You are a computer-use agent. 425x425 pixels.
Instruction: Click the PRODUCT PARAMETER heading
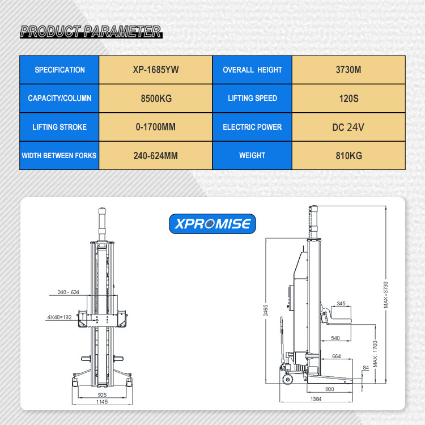point(91,31)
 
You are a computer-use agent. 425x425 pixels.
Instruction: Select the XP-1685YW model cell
point(156,70)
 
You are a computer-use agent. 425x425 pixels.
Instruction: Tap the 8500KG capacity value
point(156,99)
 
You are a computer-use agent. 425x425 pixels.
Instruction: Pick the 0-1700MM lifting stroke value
point(156,127)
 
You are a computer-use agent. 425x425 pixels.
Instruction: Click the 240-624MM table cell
point(156,156)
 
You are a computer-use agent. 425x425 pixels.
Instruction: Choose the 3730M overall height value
point(348,70)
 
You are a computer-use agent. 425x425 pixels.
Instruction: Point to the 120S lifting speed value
point(348,99)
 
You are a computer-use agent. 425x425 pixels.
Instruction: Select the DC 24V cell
point(348,127)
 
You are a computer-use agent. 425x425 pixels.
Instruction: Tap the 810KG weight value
point(348,156)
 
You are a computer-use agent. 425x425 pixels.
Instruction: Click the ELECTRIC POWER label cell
point(252,127)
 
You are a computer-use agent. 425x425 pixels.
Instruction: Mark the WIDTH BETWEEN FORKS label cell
point(59,156)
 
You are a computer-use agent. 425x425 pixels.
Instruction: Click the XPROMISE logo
point(212,224)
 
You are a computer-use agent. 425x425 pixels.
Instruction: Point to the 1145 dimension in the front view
point(102,402)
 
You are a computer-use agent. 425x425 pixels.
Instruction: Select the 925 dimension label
point(102,394)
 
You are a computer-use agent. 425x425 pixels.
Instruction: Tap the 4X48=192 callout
point(59,317)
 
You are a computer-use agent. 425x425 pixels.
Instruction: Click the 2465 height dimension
point(266,311)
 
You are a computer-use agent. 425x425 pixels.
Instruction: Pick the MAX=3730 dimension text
point(386,295)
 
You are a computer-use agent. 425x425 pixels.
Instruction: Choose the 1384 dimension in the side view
point(316,399)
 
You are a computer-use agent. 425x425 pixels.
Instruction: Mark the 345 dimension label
point(341,303)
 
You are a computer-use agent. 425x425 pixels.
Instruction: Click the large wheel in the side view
point(287,379)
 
